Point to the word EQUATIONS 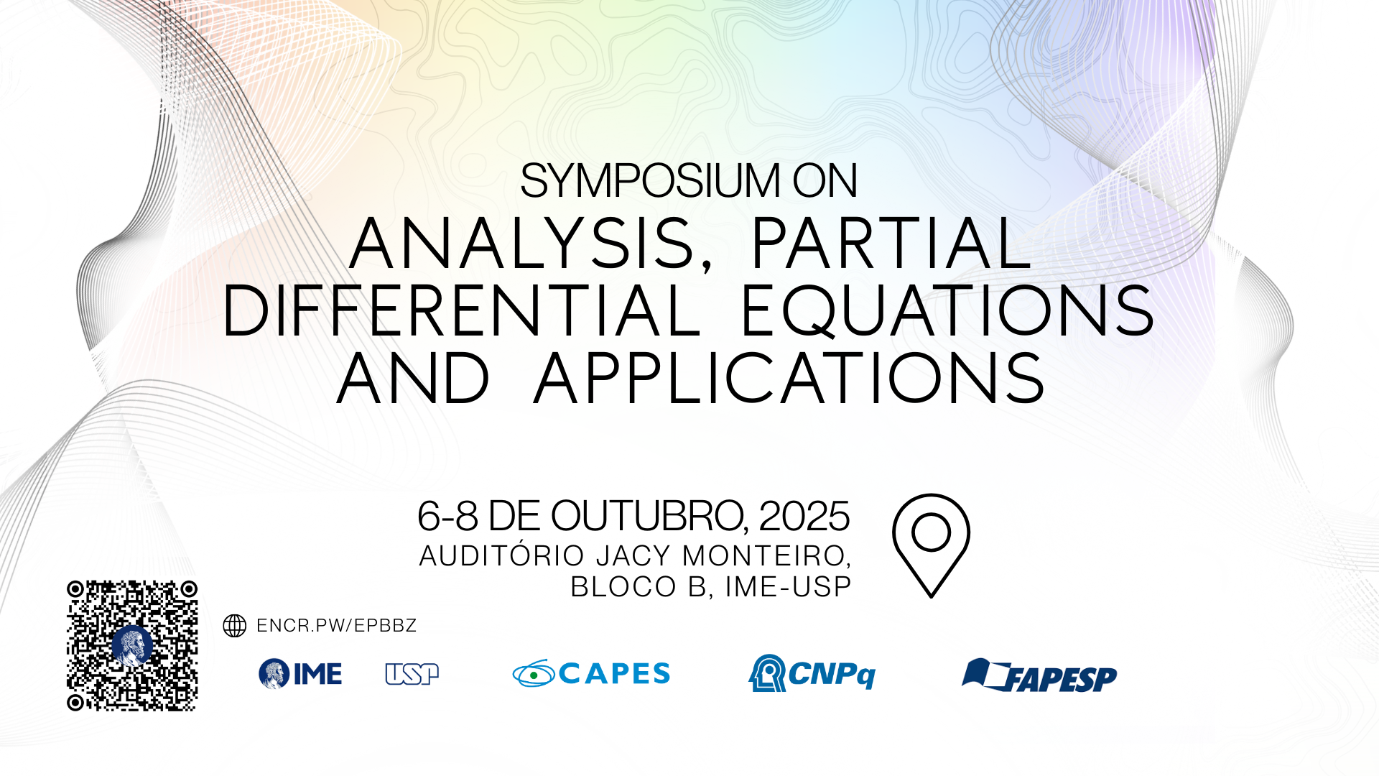(x=947, y=311)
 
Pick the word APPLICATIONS (x=789, y=378)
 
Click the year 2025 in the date (x=804, y=516)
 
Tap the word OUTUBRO (x=649, y=517)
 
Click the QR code (x=132, y=646)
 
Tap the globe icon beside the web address (x=235, y=626)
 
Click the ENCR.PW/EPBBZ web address (x=336, y=626)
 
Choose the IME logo (x=300, y=674)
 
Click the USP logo (x=412, y=674)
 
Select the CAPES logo (x=591, y=673)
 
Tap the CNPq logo (x=812, y=673)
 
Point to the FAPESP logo (x=1039, y=675)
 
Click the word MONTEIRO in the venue (x=766, y=556)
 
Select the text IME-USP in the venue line (x=788, y=587)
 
